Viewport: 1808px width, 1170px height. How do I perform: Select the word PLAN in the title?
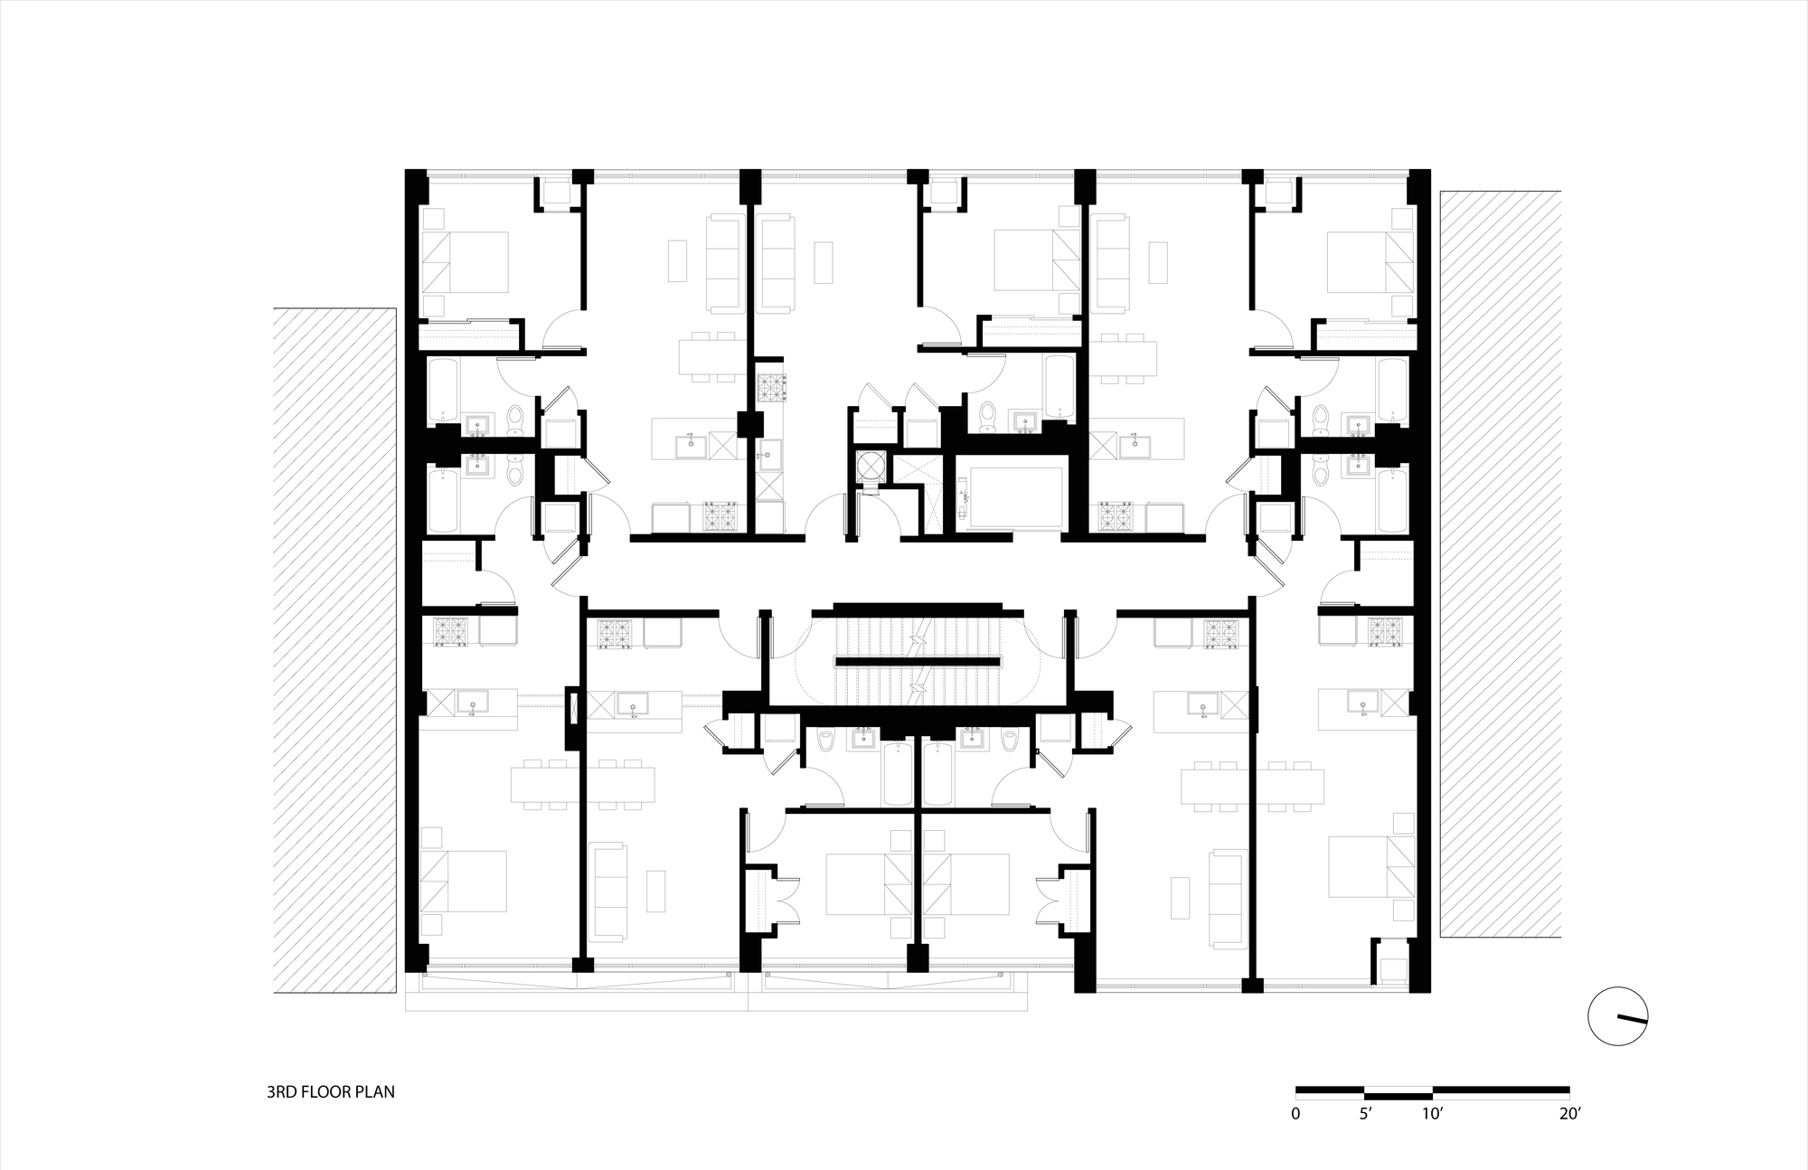376,1092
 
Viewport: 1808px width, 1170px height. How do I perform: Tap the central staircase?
918,657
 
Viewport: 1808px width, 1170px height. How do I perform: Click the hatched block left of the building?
335,650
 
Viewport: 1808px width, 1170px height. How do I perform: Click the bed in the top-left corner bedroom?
465,262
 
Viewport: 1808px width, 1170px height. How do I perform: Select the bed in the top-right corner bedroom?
1370,262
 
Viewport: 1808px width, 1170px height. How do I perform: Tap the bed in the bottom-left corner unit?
465,881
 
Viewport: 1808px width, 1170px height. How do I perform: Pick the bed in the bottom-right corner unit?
1370,866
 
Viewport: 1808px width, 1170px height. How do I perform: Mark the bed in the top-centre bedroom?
1037,260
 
